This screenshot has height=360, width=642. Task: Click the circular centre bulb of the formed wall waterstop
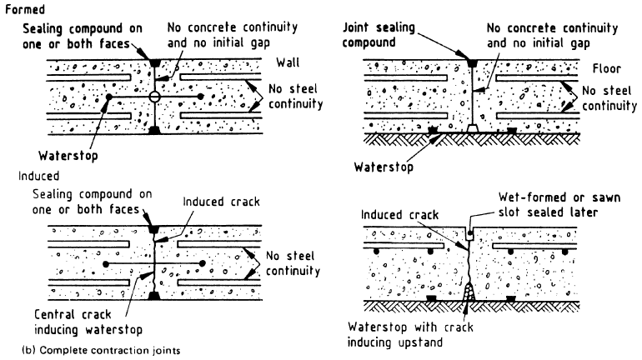click(154, 98)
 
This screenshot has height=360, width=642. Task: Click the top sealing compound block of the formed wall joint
click(154, 62)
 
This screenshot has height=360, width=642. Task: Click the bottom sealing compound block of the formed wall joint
click(154, 131)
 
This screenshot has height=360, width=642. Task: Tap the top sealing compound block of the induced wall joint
click(154, 227)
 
